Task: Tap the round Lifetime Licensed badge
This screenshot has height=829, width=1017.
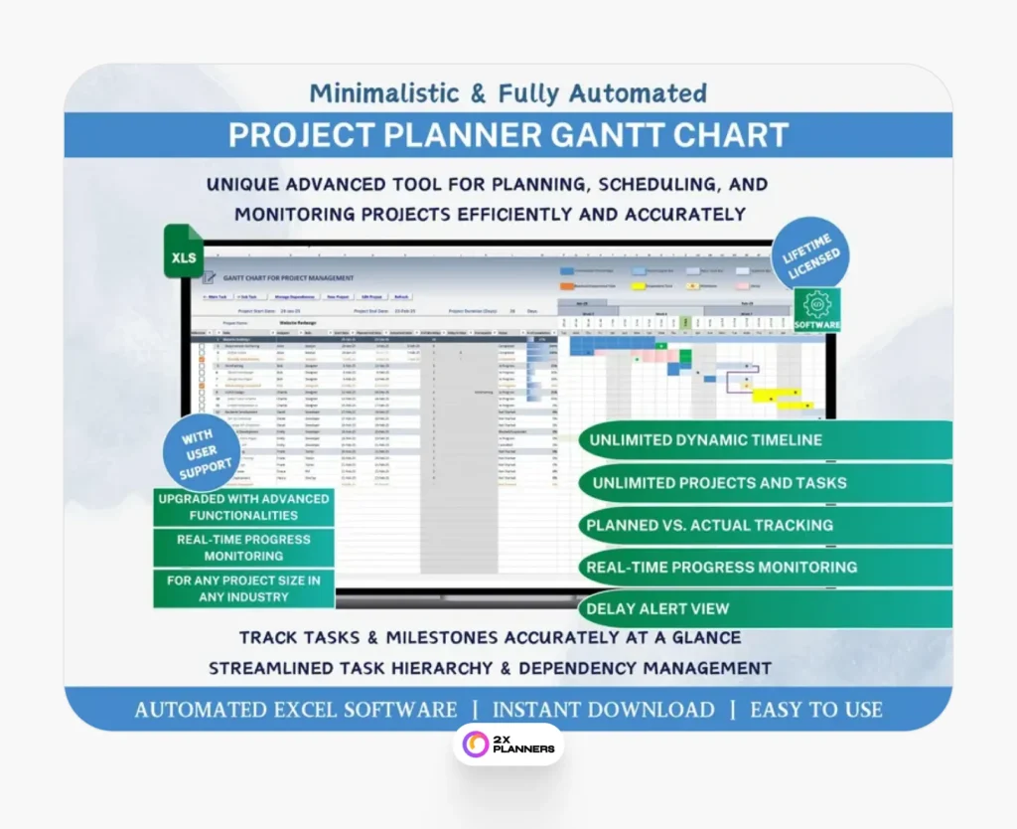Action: click(x=812, y=257)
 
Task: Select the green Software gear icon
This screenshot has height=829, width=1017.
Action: click(x=817, y=309)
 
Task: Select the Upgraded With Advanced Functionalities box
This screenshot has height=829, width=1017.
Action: click(x=243, y=507)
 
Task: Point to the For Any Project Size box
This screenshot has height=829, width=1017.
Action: click(x=243, y=588)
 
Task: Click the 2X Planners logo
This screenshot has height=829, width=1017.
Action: click(x=508, y=744)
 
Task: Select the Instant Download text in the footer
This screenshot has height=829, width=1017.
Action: click(x=603, y=710)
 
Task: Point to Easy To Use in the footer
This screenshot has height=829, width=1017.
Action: click(x=815, y=710)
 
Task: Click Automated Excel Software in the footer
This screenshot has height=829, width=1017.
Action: click(x=296, y=710)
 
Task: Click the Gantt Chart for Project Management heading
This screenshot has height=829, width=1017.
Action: click(x=288, y=278)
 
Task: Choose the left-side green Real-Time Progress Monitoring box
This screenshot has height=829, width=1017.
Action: click(x=243, y=548)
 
